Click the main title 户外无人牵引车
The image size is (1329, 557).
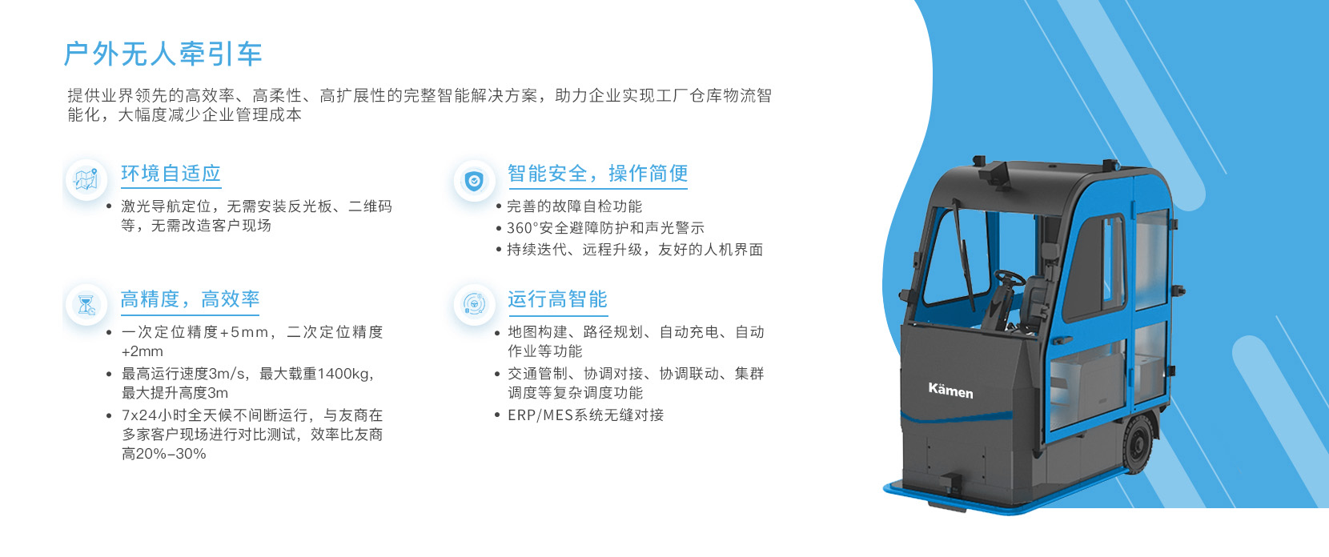pos(163,54)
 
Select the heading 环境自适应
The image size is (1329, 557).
pos(171,173)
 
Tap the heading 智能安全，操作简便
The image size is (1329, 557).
pos(597,173)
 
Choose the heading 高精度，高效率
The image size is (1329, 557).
pos(190,299)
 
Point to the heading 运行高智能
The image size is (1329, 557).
pos(557,299)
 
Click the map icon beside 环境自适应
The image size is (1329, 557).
pos(86,180)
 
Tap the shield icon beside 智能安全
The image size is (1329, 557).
pos(474,181)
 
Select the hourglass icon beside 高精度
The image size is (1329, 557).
pos(86,305)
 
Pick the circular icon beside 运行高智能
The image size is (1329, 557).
pos(474,305)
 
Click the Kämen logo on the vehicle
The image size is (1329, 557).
pos(950,391)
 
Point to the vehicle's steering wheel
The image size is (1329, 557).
pos(1010,278)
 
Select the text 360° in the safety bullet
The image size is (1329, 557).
pos(521,228)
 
